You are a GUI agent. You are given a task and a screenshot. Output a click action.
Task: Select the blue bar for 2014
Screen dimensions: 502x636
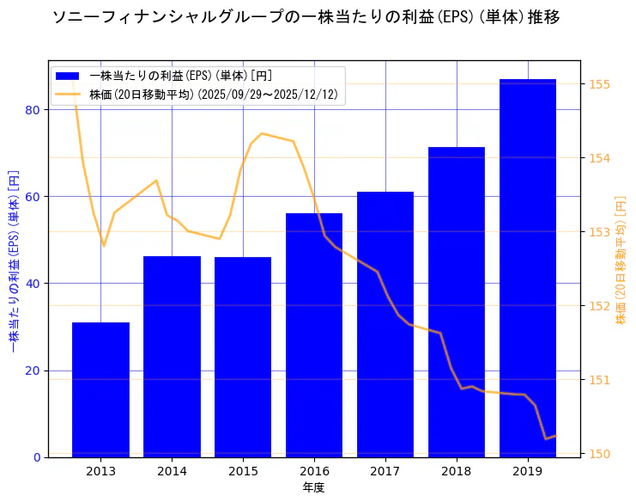click(172, 357)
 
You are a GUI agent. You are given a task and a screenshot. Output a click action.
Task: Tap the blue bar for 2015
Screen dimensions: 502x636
click(243, 357)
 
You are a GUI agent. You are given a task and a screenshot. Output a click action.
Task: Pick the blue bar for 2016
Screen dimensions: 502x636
click(314, 335)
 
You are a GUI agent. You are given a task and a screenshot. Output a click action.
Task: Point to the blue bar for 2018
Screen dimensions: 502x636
click(457, 302)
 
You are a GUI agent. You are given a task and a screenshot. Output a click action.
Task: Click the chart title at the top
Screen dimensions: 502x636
click(306, 17)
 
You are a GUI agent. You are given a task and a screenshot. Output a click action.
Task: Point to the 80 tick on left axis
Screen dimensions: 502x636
click(33, 110)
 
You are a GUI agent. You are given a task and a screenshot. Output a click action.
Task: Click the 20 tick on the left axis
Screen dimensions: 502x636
click(33, 370)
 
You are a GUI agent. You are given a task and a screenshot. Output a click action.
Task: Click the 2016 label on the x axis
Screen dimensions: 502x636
click(314, 471)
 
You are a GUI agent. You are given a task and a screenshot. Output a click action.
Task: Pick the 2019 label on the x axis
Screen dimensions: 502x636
click(528, 471)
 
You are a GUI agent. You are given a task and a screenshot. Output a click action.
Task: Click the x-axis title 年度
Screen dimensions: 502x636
click(313, 487)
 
